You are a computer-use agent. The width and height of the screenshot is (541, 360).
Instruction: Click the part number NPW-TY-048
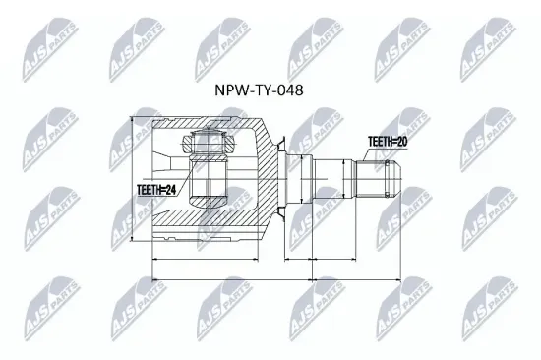tap(260, 90)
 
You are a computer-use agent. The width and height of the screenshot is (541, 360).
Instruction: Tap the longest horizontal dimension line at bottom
tap(278, 276)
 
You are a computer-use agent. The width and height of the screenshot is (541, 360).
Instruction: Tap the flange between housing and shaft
tap(283, 180)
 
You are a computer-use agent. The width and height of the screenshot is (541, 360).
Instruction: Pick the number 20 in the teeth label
tap(403, 143)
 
